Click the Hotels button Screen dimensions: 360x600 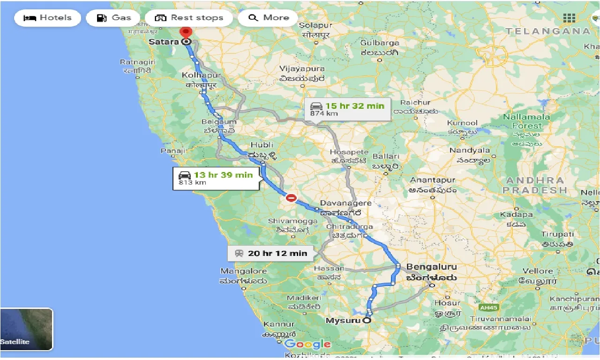point(47,18)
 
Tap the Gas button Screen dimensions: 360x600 point(113,18)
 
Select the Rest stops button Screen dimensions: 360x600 point(189,18)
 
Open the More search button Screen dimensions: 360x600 point(268,18)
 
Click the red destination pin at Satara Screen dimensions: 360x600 point(186,33)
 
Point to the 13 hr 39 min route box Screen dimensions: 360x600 point(216,178)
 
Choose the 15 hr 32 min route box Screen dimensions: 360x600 point(347,109)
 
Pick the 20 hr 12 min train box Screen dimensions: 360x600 point(271,253)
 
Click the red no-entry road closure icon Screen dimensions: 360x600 point(291,198)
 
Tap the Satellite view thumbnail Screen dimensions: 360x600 point(26,329)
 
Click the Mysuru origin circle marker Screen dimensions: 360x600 point(367,321)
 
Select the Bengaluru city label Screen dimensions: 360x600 point(431,267)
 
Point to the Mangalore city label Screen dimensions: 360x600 point(243,271)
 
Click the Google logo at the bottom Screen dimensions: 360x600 point(307,345)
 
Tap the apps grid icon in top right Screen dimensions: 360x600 point(569,18)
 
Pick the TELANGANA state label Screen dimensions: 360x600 point(547,31)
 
